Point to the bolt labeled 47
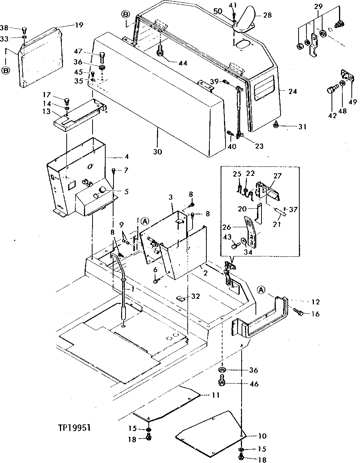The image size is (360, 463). pyautogui.click(x=101, y=57)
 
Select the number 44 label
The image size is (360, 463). pyautogui.click(x=182, y=63)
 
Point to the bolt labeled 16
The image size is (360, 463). pyautogui.click(x=298, y=312)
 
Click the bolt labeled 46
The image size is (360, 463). pyautogui.click(x=221, y=383)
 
